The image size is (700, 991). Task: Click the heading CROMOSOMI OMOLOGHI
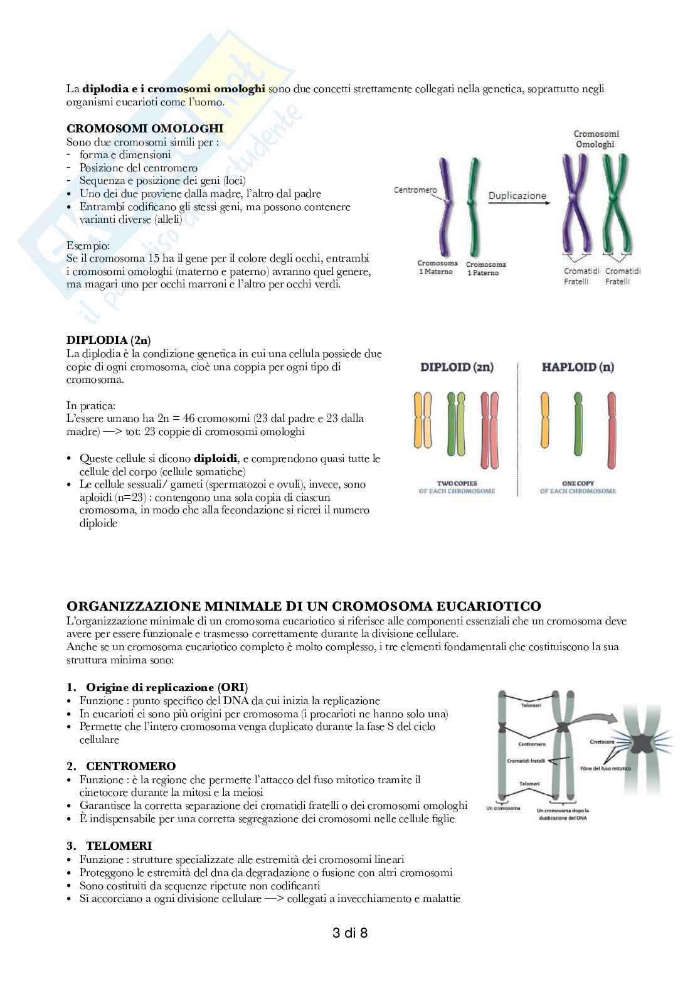tap(144, 129)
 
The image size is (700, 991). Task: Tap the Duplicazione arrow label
tap(517, 195)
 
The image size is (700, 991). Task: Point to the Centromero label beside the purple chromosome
tap(415, 190)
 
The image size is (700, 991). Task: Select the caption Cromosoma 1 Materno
tap(437, 267)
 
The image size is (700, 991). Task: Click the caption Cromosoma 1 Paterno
tap(485, 269)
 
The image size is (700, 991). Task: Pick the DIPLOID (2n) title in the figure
tap(457, 367)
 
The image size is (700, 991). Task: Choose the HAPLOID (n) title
tap(578, 367)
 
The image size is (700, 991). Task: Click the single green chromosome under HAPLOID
tap(578, 424)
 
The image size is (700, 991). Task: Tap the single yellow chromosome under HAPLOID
tap(544, 424)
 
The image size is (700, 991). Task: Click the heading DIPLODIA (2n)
tap(109, 341)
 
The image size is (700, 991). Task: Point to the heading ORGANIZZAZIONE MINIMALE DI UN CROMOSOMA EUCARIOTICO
tap(304, 606)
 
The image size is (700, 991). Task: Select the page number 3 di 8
tap(349, 933)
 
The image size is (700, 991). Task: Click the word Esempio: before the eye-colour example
tap(88, 245)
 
